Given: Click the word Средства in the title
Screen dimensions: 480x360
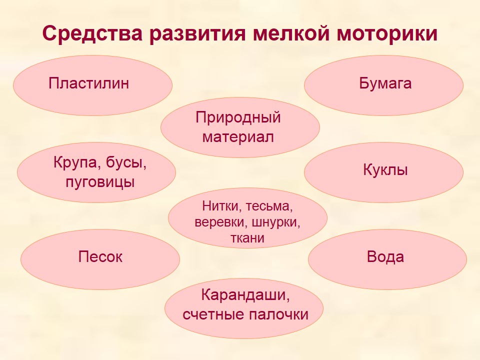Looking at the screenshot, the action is (x=92, y=33).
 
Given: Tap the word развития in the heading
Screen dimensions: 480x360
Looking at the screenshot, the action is (x=198, y=33).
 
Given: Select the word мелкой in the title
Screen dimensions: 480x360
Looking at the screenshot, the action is (x=291, y=33).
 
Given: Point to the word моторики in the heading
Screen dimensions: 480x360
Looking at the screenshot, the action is (x=387, y=33).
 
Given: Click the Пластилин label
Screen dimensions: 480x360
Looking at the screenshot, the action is (x=89, y=83).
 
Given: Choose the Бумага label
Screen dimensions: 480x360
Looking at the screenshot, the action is (x=385, y=83).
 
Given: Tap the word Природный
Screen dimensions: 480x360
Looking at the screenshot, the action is (x=238, y=117).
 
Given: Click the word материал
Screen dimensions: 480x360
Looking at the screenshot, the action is (x=238, y=137).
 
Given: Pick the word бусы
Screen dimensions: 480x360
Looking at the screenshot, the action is (x=126, y=163).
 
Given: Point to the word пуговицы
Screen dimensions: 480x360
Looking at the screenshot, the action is (x=100, y=182).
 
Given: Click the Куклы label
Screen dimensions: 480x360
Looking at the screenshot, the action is (x=385, y=169).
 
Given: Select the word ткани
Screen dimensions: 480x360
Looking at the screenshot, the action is (x=247, y=238).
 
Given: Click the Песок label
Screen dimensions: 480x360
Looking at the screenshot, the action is (x=100, y=256).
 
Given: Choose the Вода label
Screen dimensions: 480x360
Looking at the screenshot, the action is (x=385, y=256).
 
